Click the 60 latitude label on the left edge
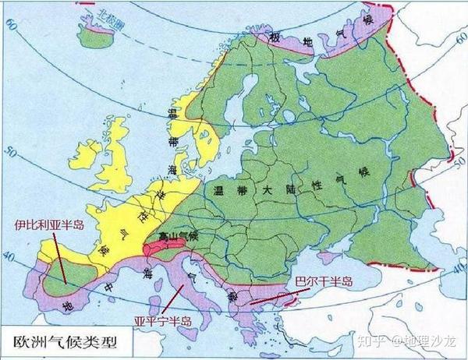tap(9, 25)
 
